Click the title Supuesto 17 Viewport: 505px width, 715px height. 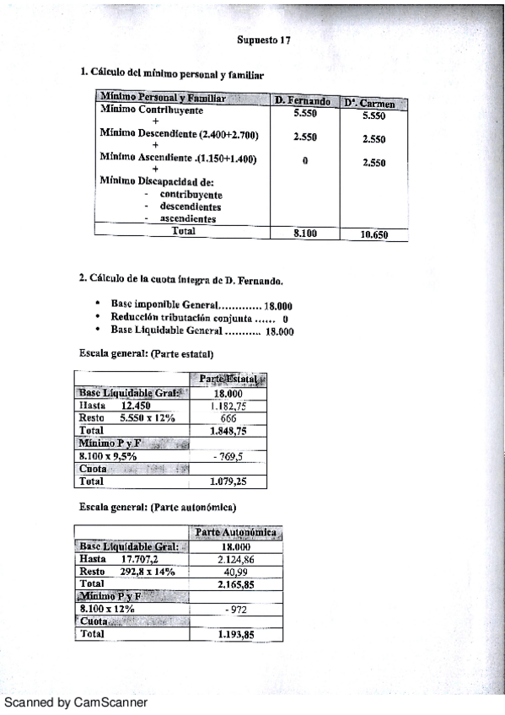pyautogui.click(x=264, y=40)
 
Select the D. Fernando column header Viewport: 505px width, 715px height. pyautogui.click(x=302, y=101)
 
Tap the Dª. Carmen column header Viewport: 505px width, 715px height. pyautogui.click(x=373, y=103)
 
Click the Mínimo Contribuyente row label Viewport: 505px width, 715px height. pyautogui.click(x=151, y=110)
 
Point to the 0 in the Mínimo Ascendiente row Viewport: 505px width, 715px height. pyautogui.click(x=304, y=161)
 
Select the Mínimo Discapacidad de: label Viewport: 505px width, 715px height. pyautogui.click(x=145, y=180)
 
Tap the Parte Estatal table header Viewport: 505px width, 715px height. pyautogui.click(x=228, y=380)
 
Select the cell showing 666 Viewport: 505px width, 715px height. pyautogui.click(x=228, y=417)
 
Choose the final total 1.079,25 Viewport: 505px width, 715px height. pyautogui.click(x=228, y=481)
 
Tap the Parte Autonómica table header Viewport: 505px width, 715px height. pyautogui.click(x=235, y=533)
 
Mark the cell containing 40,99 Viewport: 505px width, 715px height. pyautogui.click(x=234, y=571)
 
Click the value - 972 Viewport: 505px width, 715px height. pyautogui.click(x=234, y=608)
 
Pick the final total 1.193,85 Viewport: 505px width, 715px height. pyautogui.click(x=235, y=633)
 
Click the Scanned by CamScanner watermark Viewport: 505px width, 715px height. pyautogui.click(x=76, y=702)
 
